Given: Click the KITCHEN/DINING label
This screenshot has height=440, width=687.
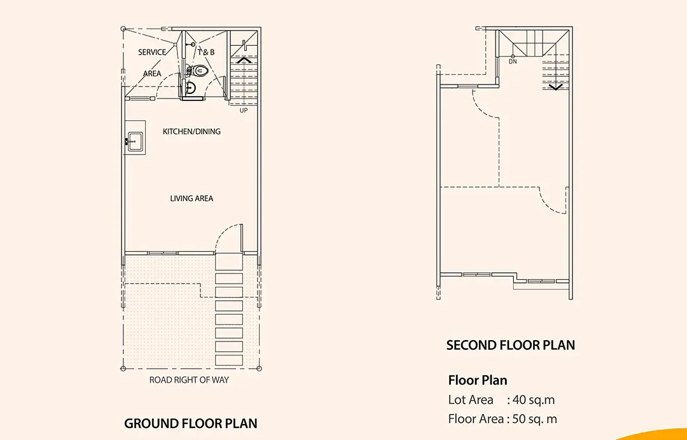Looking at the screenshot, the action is [191, 132].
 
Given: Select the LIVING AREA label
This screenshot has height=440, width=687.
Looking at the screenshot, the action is [191, 198].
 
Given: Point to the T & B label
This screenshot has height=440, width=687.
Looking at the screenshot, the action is [206, 52].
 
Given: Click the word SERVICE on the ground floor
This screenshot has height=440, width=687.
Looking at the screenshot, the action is [152, 52].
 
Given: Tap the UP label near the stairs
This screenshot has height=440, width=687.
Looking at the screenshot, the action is [244, 111].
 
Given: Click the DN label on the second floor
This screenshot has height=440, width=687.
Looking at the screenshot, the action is [513, 62].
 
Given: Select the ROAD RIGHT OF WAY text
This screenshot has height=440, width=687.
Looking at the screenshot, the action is [189, 380].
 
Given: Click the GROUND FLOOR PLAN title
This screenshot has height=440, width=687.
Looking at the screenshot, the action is [191, 423].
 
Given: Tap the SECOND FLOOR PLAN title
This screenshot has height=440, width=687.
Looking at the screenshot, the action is [510, 345].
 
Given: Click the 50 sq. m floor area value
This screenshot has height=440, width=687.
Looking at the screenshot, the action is [535, 419].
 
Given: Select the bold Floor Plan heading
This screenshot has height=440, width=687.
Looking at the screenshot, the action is [478, 380].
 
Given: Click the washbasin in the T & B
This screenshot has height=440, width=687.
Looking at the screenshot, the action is [190, 88].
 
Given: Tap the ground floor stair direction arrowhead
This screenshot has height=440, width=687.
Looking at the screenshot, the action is [243, 60].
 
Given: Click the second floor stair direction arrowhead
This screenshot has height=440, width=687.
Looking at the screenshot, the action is [555, 86].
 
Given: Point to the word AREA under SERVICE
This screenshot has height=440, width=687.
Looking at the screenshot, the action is [153, 74].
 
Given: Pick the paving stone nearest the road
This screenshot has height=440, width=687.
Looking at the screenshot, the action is [229, 361].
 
